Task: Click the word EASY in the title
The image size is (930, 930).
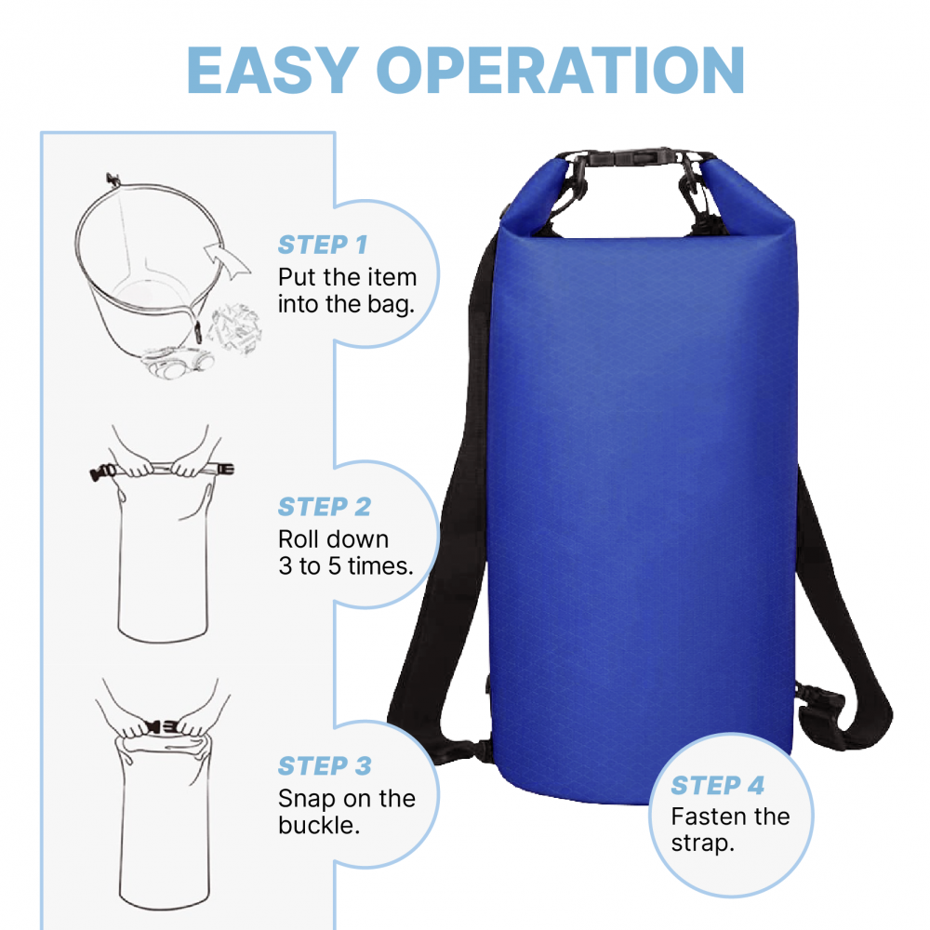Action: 272,70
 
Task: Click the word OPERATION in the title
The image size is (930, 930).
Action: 561,70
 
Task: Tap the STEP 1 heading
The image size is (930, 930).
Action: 323,245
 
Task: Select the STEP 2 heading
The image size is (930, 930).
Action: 325,507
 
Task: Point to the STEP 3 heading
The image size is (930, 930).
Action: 325,765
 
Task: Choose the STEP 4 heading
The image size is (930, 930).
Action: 718,785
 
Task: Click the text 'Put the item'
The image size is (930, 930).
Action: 347,277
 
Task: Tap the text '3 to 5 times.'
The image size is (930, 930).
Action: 346,565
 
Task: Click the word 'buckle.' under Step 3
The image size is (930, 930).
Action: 319,825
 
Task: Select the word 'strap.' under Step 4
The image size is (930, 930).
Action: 703,843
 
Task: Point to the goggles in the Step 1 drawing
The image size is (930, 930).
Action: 177,362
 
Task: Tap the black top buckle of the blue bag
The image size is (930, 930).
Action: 633,156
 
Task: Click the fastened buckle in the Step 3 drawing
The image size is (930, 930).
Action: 161,726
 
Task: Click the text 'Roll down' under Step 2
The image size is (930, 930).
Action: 333,539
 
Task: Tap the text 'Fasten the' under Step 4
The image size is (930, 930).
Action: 730,817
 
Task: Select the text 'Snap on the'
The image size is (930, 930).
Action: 346,798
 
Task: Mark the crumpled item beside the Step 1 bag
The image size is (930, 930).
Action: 235,329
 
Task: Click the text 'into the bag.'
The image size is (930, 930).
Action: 346,304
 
